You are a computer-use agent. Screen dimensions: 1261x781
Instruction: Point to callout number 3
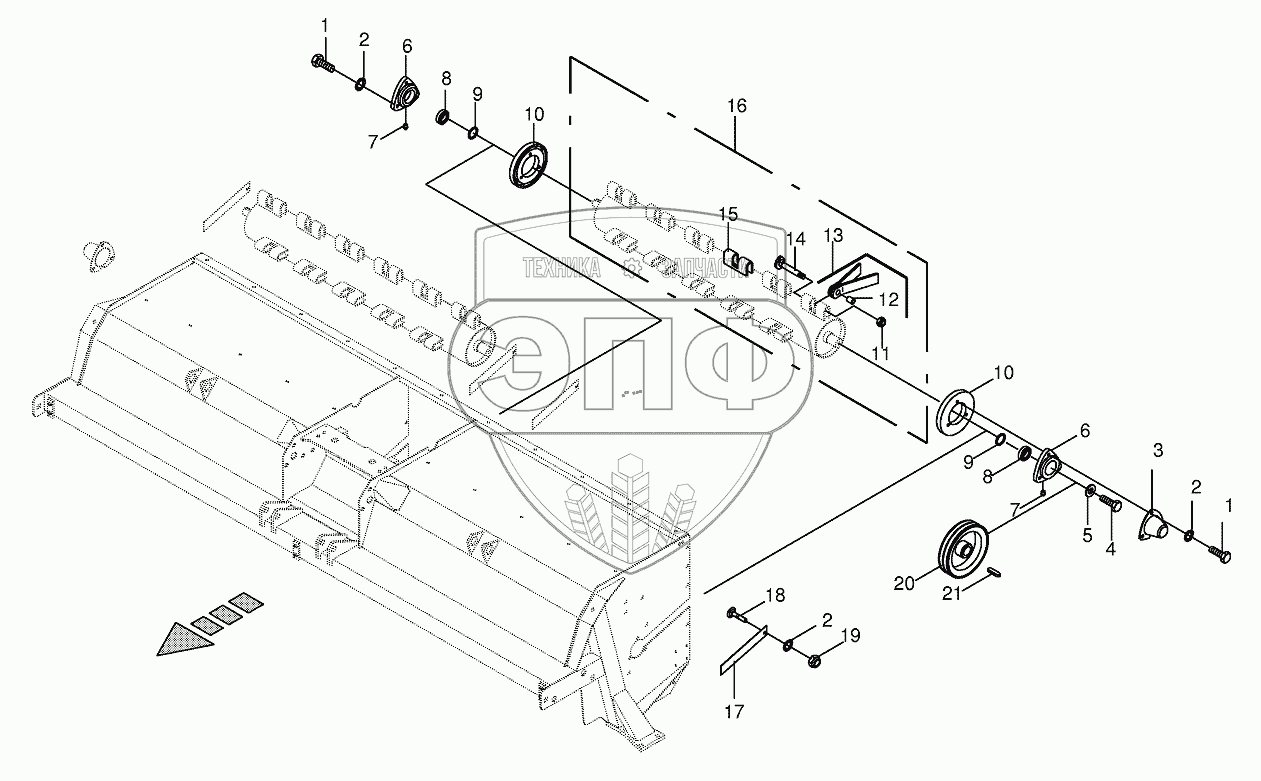point(1157,450)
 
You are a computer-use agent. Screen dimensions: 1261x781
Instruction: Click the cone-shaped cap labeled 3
point(1152,524)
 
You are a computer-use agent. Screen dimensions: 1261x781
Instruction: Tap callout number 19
point(850,636)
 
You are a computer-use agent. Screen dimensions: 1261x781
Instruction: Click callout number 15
point(727,214)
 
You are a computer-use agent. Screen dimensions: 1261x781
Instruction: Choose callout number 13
point(833,236)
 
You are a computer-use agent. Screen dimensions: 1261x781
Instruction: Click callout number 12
point(888,300)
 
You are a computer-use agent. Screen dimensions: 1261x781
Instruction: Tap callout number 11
point(879,354)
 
